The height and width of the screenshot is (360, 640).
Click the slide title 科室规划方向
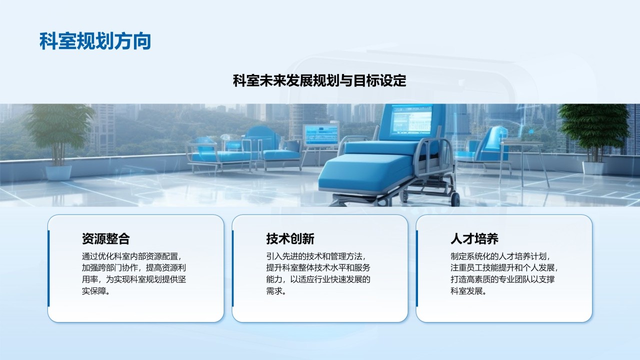click(x=95, y=41)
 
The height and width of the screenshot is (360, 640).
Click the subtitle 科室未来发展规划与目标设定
click(x=319, y=80)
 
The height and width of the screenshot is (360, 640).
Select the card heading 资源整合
click(x=106, y=239)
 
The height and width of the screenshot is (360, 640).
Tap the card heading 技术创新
click(x=290, y=239)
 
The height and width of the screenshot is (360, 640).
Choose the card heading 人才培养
click(x=474, y=239)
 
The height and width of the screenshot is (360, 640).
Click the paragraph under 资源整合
click(x=134, y=273)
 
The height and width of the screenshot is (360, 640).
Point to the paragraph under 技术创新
click(x=318, y=273)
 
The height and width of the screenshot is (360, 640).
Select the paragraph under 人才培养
click(x=504, y=273)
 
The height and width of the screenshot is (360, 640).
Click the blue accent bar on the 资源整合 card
click(x=48, y=268)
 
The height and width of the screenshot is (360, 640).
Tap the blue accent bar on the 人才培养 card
click(x=417, y=268)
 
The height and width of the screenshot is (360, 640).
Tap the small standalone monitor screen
click(x=321, y=135)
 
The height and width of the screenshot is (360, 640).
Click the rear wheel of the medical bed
click(x=455, y=199)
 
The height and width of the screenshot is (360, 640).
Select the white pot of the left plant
click(x=58, y=173)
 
